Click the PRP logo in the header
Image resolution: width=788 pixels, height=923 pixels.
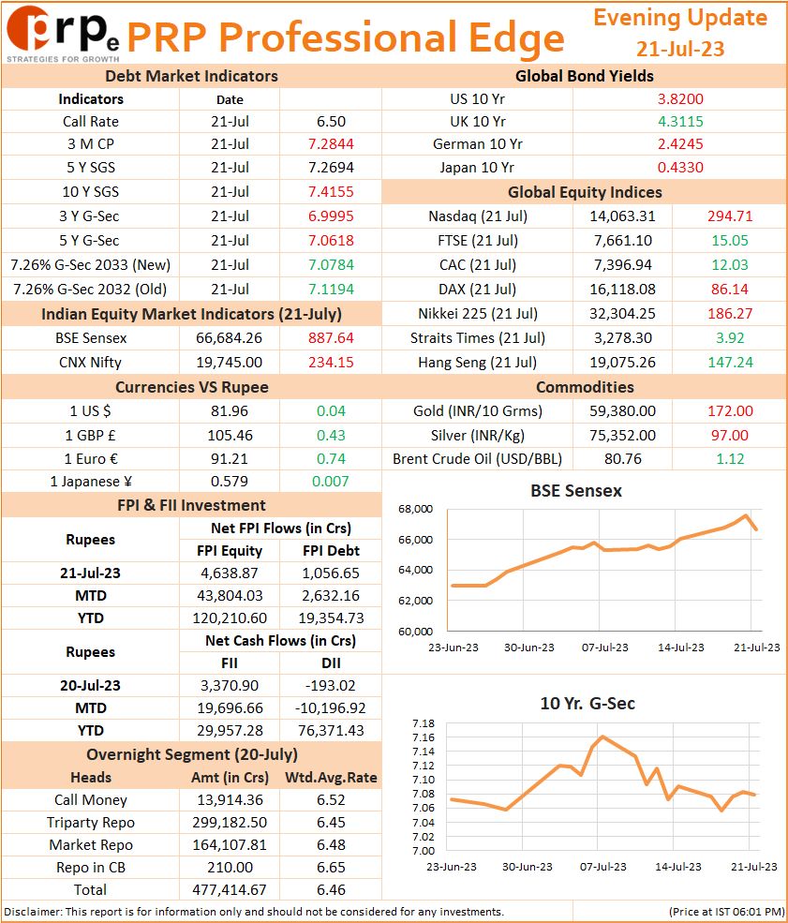63,33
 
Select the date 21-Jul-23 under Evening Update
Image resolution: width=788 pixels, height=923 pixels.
679,49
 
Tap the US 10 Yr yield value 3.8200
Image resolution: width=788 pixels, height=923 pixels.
680,99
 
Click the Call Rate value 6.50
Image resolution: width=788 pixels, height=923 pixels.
331,121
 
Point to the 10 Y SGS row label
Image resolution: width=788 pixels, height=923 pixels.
91,192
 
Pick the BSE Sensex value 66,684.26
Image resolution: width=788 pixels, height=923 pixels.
229,338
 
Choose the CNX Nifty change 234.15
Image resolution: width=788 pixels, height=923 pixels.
331,362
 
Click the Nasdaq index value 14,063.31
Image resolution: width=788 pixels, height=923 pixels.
622,216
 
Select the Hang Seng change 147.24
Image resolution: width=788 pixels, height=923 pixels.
730,362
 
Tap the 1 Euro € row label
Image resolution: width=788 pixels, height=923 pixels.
91,458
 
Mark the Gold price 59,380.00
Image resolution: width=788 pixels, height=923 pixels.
622,410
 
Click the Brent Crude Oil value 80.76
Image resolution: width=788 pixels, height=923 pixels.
623,458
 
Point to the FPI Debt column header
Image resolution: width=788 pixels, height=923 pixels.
331,550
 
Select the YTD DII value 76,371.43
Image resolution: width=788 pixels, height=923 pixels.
331,731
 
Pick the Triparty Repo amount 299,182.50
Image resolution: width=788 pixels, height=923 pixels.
230,823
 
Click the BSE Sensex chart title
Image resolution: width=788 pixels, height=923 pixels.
576,491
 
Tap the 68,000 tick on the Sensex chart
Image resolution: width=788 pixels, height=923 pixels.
415,509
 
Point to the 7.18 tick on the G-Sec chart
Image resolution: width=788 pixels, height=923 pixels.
424,723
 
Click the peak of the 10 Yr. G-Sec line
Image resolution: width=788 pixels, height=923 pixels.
602,737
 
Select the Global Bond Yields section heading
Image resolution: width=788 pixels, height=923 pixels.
585,76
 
